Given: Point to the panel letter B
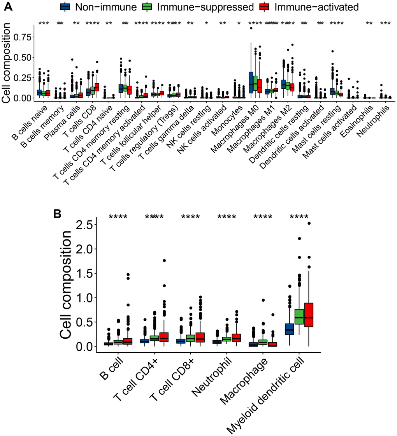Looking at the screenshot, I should click(57, 213).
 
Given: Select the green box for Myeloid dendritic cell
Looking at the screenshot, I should click(299, 319).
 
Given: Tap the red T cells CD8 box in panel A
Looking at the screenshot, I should click(97, 87).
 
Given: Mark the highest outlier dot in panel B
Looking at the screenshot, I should click(310, 223).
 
